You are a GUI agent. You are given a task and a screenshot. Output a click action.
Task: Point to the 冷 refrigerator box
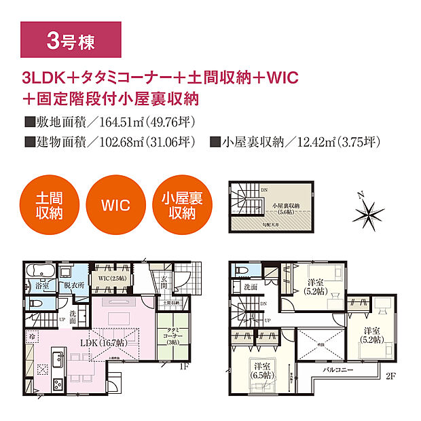pyautogui.click(x=32, y=335)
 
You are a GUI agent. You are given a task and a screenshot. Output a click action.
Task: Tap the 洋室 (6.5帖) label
pyautogui.click(x=259, y=371)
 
